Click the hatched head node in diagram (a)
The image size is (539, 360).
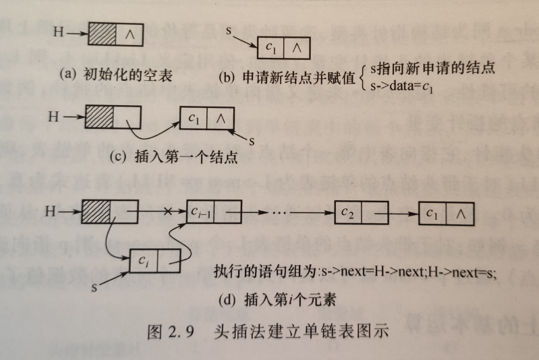[103, 34]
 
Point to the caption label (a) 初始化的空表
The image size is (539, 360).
[115, 75]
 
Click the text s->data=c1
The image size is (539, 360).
[400, 86]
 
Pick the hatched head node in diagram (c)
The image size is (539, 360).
[99, 117]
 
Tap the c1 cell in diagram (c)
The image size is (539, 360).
[194, 119]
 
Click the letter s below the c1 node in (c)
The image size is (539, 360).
[251, 142]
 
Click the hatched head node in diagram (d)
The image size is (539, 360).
[99, 212]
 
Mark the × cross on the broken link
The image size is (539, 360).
[168, 212]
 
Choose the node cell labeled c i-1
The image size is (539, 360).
[201, 213]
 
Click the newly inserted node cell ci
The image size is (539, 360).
[145, 260]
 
